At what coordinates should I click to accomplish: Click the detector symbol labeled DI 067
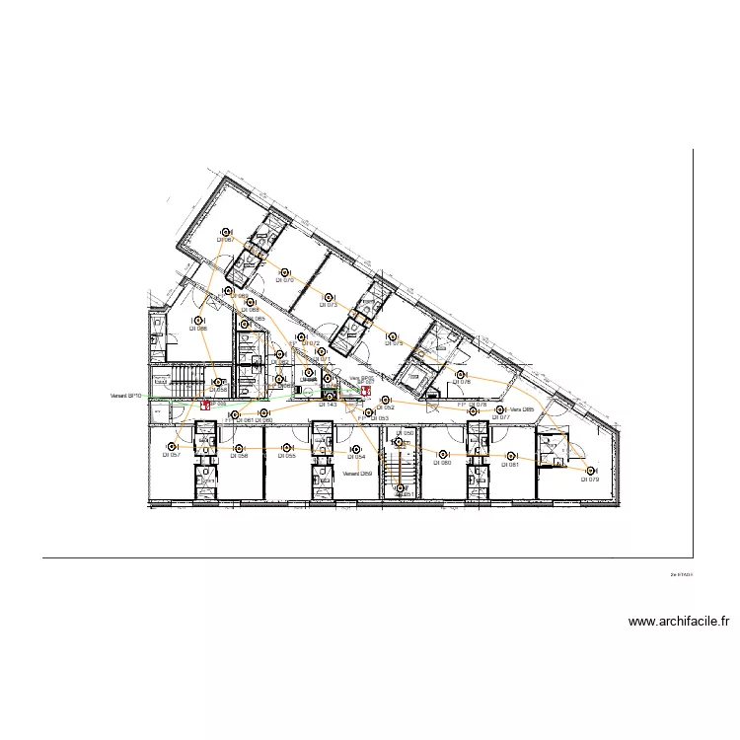click(227, 230)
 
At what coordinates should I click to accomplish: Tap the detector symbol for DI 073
click(329, 296)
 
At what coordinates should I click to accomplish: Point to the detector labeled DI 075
click(394, 334)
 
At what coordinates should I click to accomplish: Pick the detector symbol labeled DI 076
click(460, 374)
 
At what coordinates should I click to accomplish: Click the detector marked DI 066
click(199, 320)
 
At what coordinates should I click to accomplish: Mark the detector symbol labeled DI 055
click(287, 447)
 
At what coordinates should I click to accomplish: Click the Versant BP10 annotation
click(127, 396)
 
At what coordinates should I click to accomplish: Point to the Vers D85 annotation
click(522, 409)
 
